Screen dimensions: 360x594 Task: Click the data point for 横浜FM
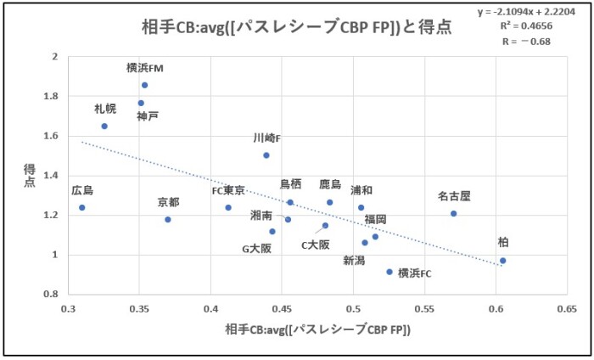[145, 85]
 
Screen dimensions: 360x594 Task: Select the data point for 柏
[502, 261]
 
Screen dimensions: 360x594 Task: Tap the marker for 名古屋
[454, 213]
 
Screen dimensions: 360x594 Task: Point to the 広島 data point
[82, 207]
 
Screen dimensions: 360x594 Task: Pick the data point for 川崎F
[266, 155]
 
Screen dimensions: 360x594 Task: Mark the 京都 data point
[168, 219]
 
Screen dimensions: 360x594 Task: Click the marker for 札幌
[104, 126]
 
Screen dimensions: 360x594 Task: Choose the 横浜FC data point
[389, 272]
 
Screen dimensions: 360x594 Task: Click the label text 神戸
[148, 115]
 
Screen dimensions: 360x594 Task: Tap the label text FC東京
[228, 190]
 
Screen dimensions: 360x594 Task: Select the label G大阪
[257, 249]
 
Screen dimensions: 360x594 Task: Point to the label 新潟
[355, 260]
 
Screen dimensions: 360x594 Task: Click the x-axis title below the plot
[317, 329]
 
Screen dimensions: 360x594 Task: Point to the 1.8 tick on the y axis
[53, 96]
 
